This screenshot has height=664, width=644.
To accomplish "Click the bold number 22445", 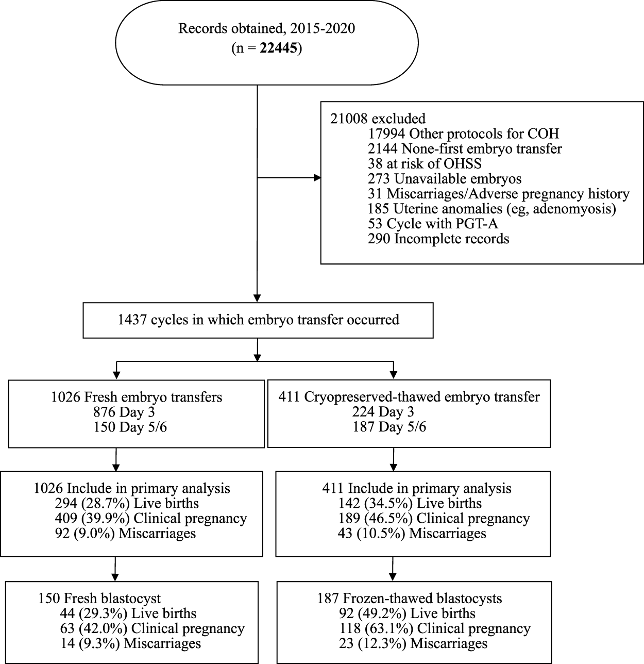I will pyautogui.click(x=280, y=49).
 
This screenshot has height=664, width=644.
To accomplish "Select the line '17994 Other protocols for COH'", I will pyautogui.click(x=463, y=134).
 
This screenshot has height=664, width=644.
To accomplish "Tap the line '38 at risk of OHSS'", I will pyautogui.click(x=425, y=164).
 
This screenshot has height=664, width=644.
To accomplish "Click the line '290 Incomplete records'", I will pyautogui.click(x=438, y=239).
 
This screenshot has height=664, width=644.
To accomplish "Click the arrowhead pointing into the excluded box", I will pyautogui.click(x=316, y=178).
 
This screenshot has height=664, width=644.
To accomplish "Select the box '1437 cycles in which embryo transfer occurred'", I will pyautogui.click(x=258, y=320).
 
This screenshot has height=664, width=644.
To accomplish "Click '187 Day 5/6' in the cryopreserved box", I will pyautogui.click(x=389, y=427).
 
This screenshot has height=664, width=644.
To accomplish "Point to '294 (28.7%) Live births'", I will pyautogui.click(x=126, y=504).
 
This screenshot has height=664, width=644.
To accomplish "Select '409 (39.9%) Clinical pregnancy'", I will pyautogui.click(x=150, y=519).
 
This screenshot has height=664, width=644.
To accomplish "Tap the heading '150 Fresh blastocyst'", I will pyautogui.click(x=99, y=599).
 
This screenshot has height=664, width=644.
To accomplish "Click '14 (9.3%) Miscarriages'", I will pyautogui.click(x=130, y=643).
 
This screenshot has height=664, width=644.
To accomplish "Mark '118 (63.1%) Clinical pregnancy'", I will pyautogui.click(x=435, y=628).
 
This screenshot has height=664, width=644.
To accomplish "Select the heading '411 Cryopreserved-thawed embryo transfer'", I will pyautogui.click(x=409, y=397).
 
